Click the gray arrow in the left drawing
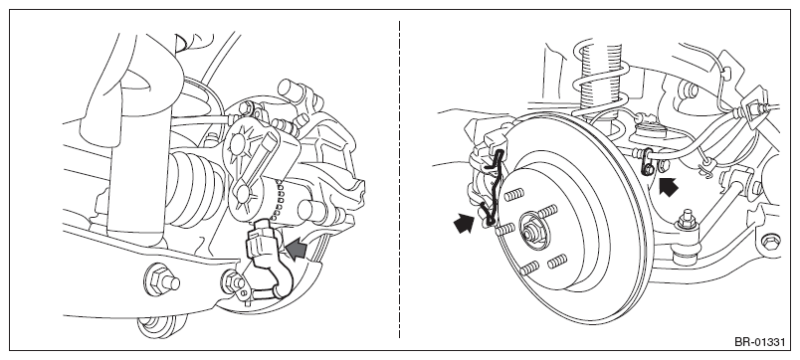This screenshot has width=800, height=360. (297, 250)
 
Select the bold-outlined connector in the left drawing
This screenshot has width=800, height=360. (267, 255)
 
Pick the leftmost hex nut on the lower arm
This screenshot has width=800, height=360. (162, 279)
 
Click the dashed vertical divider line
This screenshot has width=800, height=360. (399, 179)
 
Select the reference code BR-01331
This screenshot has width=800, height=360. (759, 342)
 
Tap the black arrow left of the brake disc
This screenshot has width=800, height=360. (464, 224)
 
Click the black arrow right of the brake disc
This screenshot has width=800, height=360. (669, 187)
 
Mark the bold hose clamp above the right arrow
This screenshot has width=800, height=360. (648, 161)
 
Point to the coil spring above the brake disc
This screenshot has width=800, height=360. (602, 85)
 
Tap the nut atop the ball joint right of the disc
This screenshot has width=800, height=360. (687, 220)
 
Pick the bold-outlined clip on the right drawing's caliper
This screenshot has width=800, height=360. (493, 188)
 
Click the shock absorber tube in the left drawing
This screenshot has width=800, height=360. (133, 168)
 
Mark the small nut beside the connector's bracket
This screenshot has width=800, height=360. (233, 279)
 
